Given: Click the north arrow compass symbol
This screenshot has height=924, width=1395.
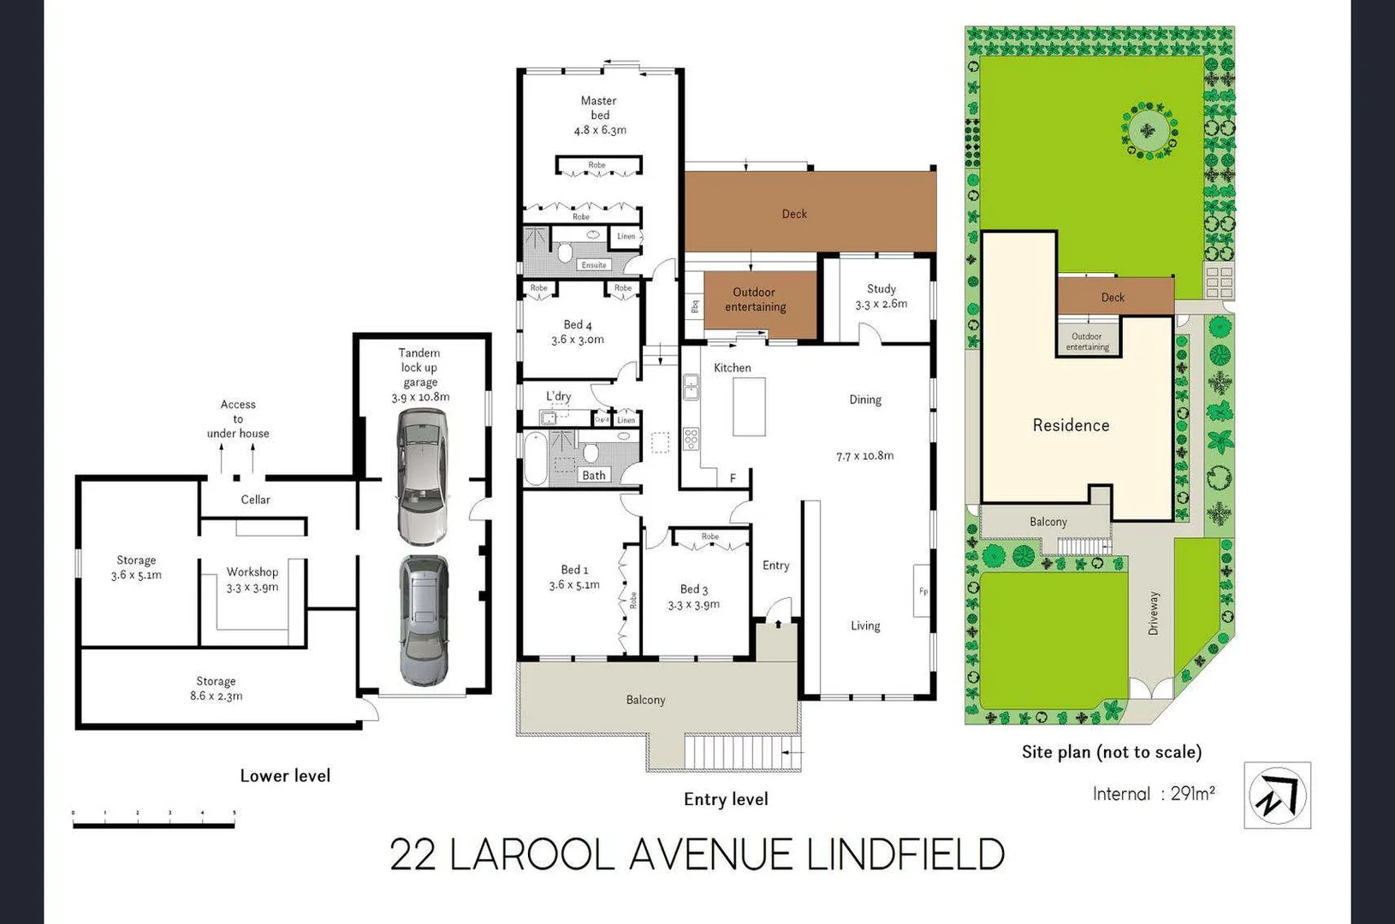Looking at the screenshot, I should (1277, 796).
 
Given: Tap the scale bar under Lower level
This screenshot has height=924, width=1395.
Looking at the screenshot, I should (154, 825).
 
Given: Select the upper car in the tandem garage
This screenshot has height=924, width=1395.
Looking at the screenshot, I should (421, 477).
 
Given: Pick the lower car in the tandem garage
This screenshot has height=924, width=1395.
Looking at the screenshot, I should (424, 620).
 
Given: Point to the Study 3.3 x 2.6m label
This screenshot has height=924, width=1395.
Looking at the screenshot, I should (881, 296).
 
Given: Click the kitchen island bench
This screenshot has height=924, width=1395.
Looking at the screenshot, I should (749, 407).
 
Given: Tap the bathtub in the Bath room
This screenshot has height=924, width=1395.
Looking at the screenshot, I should (536, 459).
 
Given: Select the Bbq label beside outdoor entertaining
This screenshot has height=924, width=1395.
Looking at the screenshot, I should (694, 305).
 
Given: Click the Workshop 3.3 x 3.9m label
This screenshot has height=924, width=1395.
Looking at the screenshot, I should (252, 579).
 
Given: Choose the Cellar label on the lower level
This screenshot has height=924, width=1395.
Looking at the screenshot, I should (255, 500).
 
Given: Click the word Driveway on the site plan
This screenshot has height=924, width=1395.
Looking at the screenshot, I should (1154, 613).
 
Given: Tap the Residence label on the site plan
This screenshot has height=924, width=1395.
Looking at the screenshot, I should (1071, 425).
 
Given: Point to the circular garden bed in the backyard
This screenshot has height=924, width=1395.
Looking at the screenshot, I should (1149, 131).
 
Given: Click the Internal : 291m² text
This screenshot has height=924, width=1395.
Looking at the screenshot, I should (1154, 794).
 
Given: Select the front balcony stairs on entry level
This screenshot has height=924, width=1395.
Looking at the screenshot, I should (741, 752).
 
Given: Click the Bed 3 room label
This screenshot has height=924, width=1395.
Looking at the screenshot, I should (694, 596).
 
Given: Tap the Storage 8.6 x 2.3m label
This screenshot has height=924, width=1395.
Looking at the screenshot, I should (216, 689).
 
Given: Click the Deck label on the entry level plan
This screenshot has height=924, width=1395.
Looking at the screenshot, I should (794, 214).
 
